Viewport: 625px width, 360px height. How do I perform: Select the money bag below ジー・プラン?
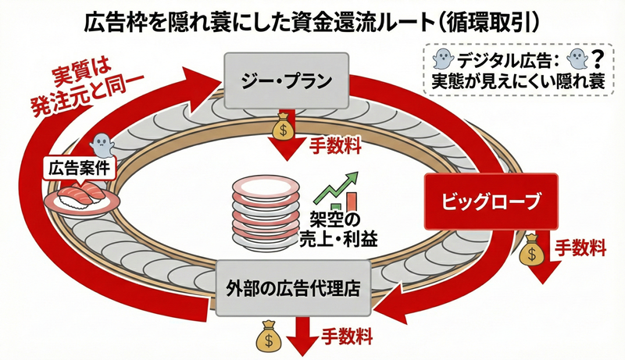[x=283, y=128]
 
